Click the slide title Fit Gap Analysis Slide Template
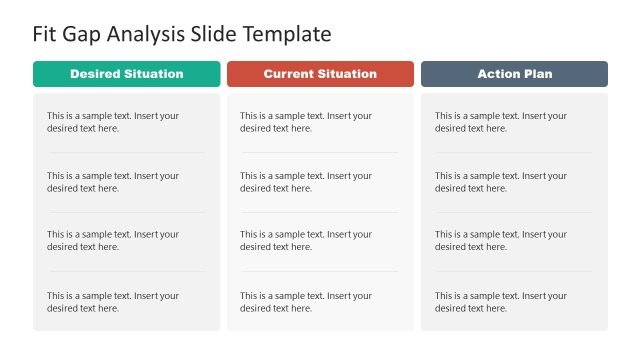[181, 34]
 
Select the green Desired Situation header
[126, 74]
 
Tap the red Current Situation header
[320, 74]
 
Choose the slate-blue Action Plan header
[514, 74]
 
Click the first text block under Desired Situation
[113, 122]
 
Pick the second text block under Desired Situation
[113, 182]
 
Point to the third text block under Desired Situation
[113, 241]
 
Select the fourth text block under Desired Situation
[113, 302]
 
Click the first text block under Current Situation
[306, 122]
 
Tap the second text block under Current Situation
[306, 182]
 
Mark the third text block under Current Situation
[306, 241]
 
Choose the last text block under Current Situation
[306, 302]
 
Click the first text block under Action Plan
[501, 122]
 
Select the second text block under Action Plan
[501, 182]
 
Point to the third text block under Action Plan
[501, 241]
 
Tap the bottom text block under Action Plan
[501, 302]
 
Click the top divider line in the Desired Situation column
[127, 152]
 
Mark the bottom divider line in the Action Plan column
[514, 271]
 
